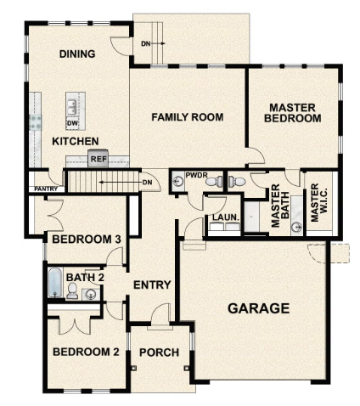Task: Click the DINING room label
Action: (x=77, y=54)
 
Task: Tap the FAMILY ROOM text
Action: (x=188, y=117)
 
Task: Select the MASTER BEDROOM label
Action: (x=293, y=113)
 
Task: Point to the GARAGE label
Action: (x=259, y=308)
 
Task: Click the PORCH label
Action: (x=158, y=352)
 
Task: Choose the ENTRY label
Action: (x=153, y=285)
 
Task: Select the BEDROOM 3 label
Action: (x=86, y=240)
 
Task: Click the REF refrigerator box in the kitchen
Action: (x=98, y=158)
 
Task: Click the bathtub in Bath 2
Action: (x=54, y=283)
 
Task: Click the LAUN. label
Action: (x=224, y=217)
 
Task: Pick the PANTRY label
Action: (x=45, y=189)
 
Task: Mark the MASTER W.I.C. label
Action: (x=317, y=205)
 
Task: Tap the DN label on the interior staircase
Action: (x=147, y=182)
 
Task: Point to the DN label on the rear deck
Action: (x=146, y=42)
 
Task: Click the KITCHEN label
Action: (x=76, y=141)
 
